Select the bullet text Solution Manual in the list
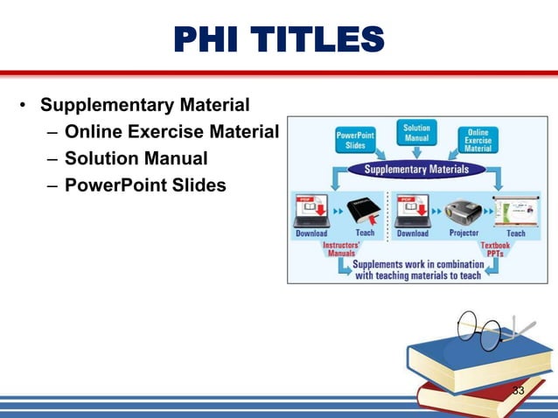136,159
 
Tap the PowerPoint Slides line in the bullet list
145,185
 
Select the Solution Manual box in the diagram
416,134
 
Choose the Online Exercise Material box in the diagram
478,140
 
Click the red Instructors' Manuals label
336,250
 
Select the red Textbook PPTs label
495,250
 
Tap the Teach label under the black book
365,233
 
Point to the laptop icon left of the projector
412,210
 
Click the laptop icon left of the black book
312,210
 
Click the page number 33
519,390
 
